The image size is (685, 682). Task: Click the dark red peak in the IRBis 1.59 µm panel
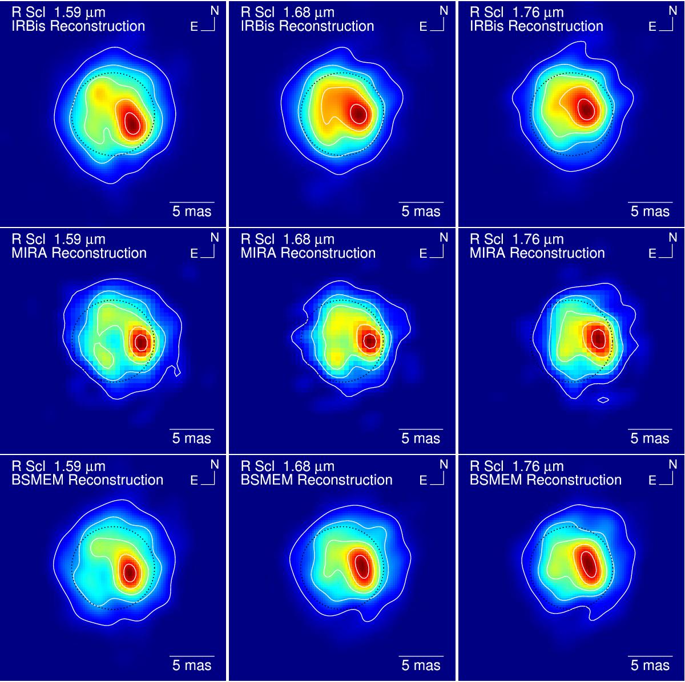click(x=132, y=121)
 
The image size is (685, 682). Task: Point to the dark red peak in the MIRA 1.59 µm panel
click(x=140, y=343)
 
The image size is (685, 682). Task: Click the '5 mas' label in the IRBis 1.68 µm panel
click(x=421, y=212)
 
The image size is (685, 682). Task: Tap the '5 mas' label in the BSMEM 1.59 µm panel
click(x=192, y=665)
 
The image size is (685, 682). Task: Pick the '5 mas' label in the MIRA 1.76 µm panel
click(x=650, y=439)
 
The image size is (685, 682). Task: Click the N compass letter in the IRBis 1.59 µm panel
click(x=215, y=11)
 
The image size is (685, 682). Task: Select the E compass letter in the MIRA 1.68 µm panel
click(x=423, y=254)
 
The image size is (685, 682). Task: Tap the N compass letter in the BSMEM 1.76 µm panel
click(x=672, y=465)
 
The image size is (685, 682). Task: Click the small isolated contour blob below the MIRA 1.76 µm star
click(x=603, y=400)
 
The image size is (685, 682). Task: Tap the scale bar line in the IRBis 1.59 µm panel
click(x=192, y=202)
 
